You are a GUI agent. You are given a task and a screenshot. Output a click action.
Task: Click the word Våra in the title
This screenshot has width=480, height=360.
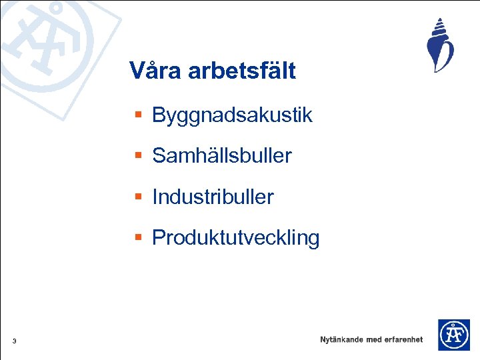click(155, 70)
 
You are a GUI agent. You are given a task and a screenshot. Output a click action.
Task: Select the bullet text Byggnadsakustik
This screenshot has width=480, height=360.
click(232, 115)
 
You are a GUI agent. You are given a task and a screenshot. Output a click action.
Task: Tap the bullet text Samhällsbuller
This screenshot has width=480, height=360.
click(222, 156)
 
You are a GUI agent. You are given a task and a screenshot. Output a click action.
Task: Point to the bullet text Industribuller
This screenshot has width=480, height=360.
click(213, 197)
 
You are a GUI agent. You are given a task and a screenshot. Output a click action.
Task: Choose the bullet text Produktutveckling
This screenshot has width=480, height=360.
click(236, 237)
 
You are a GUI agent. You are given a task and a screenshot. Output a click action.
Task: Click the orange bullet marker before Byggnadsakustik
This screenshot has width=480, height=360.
click(138, 115)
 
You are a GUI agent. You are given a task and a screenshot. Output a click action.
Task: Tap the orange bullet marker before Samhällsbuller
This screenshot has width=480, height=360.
click(138, 156)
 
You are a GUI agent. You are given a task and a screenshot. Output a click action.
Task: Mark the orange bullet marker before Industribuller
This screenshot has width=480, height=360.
click(138, 197)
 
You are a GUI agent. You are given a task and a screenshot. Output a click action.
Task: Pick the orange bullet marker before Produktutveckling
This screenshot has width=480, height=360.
click(138, 237)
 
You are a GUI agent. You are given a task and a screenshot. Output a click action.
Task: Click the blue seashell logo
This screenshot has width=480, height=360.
click(439, 46)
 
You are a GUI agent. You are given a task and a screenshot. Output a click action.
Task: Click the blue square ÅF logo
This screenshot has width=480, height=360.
click(453, 335)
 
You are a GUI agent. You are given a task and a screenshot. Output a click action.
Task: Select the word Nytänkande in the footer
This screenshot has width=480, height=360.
click(341, 339)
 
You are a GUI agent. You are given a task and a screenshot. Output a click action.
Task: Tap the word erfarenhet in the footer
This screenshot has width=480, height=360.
click(403, 339)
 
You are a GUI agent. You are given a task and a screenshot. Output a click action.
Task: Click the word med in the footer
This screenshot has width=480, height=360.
click(373, 339)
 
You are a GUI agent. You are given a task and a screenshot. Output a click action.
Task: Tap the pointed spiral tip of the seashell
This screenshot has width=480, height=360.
click(440, 20)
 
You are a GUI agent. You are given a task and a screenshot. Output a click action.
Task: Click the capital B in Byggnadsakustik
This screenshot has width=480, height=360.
click(159, 115)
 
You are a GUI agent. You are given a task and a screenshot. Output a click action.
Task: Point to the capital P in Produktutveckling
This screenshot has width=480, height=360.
click(159, 237)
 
